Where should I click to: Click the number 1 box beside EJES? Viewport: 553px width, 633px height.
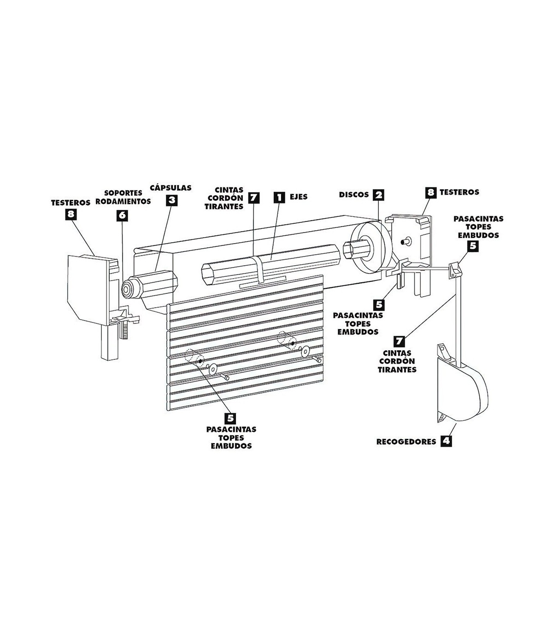coord(279,197)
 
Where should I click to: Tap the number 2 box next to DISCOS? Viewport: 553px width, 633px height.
coord(379,195)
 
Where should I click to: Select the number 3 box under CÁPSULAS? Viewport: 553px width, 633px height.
coord(172,201)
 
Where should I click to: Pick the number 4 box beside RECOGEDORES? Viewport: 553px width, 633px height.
coord(446,441)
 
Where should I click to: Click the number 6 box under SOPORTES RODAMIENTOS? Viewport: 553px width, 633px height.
coord(122,215)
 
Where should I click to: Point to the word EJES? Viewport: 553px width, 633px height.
coord(299,197)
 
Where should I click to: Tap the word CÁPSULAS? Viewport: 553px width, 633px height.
coord(171,188)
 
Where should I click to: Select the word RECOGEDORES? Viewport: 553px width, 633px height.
coord(406,442)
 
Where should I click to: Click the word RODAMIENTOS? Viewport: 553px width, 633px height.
coord(123,202)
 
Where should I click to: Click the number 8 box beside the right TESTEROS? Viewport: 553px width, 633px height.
coord(430,192)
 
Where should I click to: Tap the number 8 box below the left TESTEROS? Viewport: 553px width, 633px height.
coord(71,215)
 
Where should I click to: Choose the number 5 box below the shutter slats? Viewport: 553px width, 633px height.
coord(230,418)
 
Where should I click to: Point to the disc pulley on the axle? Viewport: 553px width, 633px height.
coord(373,247)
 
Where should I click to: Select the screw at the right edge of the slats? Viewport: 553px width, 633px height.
coord(317,359)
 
